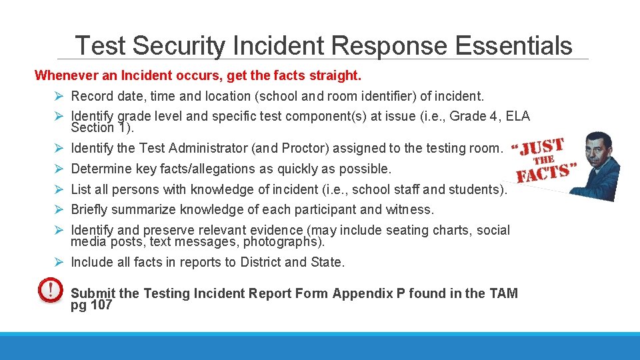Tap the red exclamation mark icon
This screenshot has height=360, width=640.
49,291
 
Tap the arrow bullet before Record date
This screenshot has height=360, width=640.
59,97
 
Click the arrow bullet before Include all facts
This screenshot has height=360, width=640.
59,262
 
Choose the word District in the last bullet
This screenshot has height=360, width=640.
255,262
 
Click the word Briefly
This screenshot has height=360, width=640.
89,209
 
